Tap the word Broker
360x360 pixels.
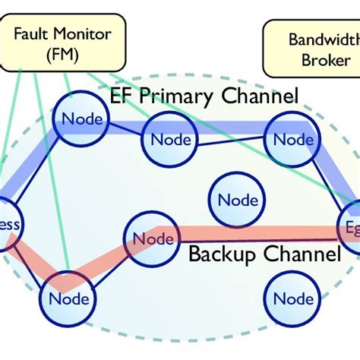[321, 61]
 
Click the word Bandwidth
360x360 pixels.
[321, 39]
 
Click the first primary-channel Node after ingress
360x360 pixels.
[81, 119]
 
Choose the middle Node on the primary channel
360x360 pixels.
[171, 140]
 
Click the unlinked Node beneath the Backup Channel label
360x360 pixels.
[293, 298]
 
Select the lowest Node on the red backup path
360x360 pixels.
[69, 298]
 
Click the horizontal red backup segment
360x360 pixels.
[251, 232]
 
